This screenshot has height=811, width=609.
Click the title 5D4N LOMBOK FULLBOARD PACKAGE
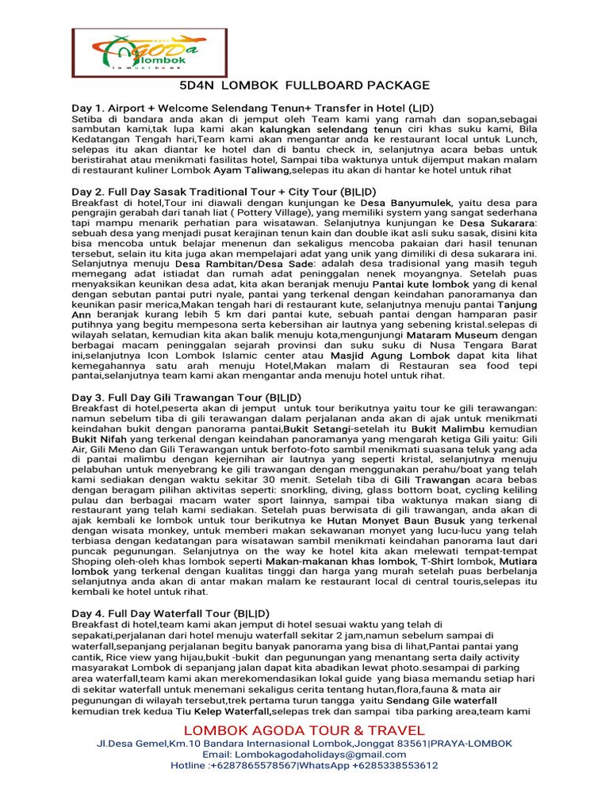coord(304,86)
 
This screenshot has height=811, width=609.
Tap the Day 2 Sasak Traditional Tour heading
coord(224,192)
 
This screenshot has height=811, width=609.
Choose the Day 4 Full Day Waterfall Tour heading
coord(170,613)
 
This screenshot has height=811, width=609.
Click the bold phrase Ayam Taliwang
coord(255,170)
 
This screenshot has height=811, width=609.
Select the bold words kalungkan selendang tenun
coord(331,129)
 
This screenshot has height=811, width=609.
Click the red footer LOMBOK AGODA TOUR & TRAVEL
coord(304,729)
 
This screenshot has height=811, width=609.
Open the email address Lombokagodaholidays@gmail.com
coord(304,755)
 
